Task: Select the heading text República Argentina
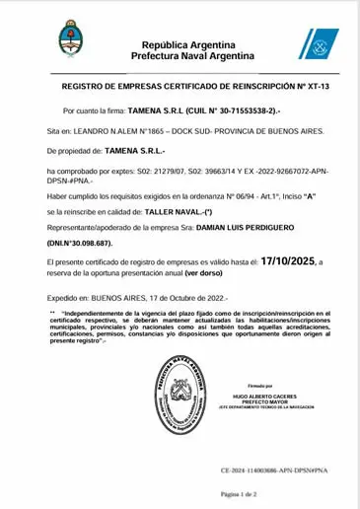pyautogui.click(x=187, y=45)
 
